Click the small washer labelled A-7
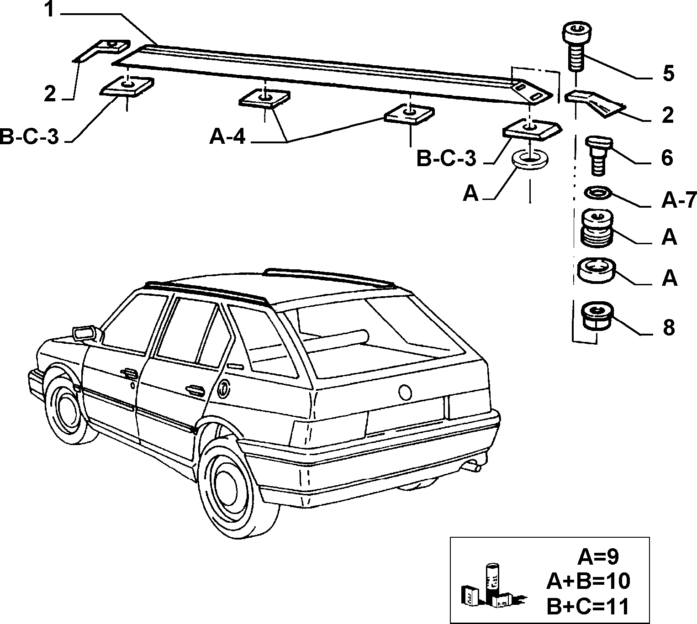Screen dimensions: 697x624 point(598,193)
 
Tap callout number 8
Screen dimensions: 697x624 point(668,327)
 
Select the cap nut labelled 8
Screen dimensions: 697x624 point(597,316)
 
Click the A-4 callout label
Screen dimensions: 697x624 point(227,137)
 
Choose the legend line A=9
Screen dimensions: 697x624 point(598,557)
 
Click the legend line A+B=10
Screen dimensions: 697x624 point(588,581)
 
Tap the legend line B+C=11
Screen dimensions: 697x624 point(587,606)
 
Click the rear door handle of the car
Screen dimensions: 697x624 point(195,389)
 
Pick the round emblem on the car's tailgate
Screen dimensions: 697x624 point(405,392)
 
